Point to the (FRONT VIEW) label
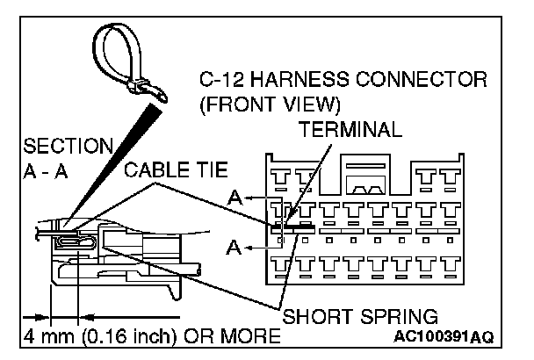point(270,105)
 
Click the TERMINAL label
point(350,129)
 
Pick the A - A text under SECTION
point(44,169)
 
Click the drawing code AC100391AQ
point(445,337)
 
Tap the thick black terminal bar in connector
point(295,227)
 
